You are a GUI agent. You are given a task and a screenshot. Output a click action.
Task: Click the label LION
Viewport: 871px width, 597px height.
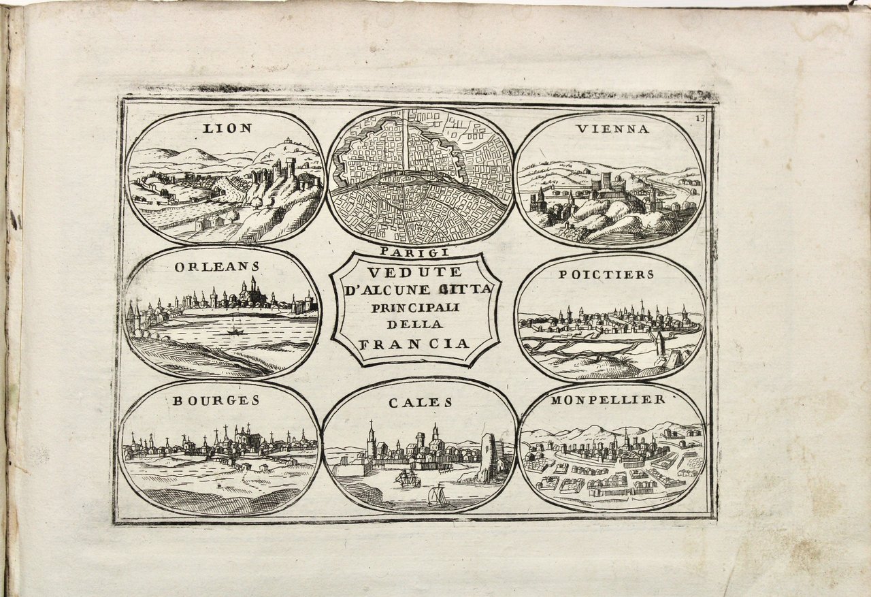coord(228,128)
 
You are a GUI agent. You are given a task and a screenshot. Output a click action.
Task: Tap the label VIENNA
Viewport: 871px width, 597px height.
coord(612,129)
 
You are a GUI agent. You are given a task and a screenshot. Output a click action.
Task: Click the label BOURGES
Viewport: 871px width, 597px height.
coord(216,400)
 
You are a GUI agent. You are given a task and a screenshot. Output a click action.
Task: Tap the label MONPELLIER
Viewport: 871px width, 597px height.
coord(608,400)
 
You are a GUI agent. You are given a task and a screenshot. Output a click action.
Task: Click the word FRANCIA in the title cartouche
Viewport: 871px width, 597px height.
coord(414,343)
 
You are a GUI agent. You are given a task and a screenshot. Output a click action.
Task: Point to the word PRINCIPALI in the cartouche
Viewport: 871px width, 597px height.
coord(415,307)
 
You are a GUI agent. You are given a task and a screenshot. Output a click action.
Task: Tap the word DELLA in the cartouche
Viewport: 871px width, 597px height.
coord(415,325)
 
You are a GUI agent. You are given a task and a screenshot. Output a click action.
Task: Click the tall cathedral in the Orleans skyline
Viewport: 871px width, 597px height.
coord(252,291)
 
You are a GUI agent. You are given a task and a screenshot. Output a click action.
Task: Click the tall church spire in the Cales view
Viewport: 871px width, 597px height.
coord(372,439)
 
